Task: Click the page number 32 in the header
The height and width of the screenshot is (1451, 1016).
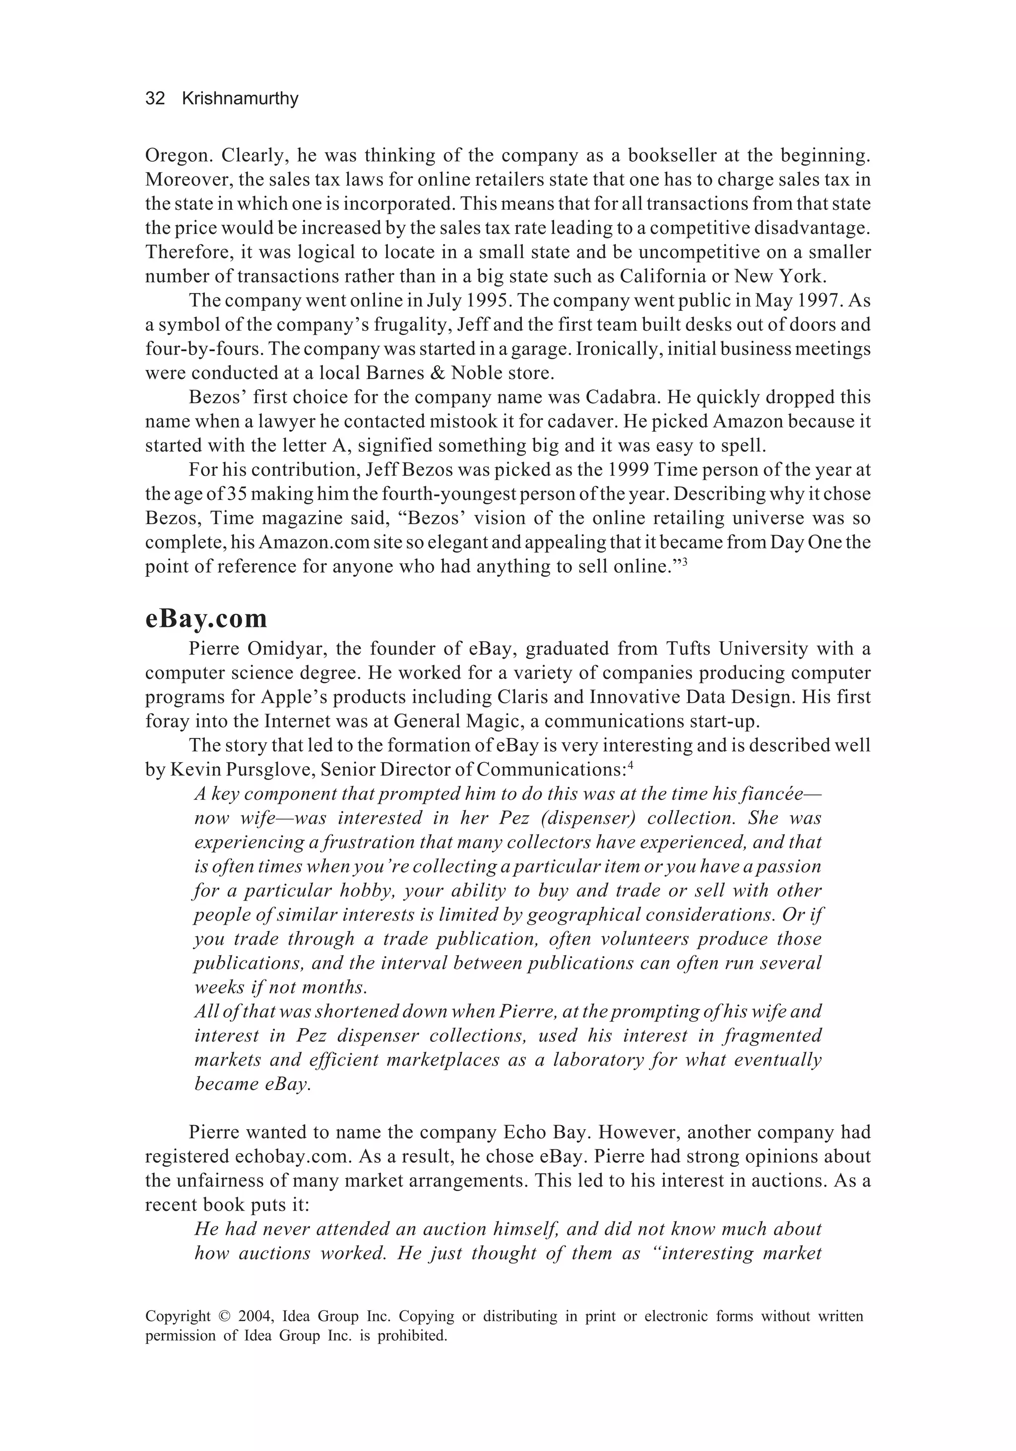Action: (155, 99)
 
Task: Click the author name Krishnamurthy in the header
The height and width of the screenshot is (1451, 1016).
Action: (240, 99)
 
